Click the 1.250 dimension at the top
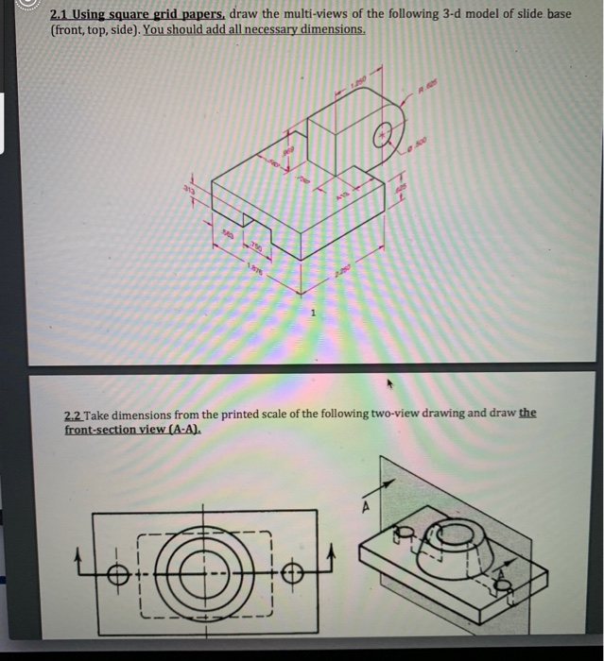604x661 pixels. [356, 84]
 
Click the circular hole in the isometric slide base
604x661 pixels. [385, 134]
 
